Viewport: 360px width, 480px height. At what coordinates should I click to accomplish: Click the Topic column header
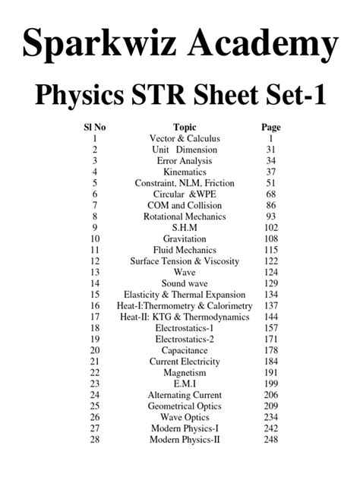coord(185,128)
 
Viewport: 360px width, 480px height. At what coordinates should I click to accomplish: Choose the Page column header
coord(270,128)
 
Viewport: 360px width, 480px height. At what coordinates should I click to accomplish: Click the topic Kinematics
coord(185,172)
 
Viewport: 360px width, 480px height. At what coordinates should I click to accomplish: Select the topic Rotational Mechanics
coord(185,216)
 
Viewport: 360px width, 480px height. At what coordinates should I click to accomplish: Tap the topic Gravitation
coord(185,239)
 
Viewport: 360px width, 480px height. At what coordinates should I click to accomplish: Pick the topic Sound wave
coord(185,283)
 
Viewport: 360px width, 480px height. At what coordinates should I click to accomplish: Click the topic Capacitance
coord(185,350)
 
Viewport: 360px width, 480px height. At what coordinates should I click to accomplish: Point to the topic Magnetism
coord(185,373)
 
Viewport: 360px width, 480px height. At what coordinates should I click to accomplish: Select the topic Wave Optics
coord(185,418)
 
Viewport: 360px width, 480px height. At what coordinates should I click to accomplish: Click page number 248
coord(270,440)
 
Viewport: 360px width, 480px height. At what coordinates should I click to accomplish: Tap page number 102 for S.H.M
coord(270,228)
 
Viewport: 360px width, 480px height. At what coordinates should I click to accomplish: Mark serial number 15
coord(95,295)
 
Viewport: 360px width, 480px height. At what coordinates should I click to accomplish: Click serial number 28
coord(95,440)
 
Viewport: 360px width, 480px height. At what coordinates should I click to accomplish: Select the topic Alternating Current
coord(185,395)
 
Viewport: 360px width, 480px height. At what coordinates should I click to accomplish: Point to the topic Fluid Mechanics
coord(185,250)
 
